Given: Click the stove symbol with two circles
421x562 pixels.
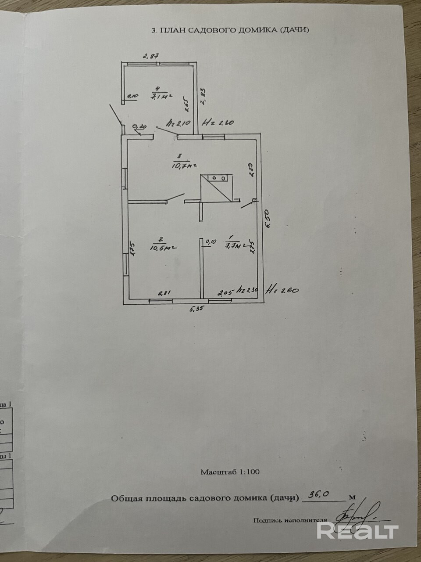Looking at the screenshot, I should pyautogui.click(x=218, y=178).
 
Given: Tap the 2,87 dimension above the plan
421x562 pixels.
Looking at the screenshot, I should pyautogui.click(x=150, y=56).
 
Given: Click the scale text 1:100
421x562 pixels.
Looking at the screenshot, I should pyautogui.click(x=249, y=472).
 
